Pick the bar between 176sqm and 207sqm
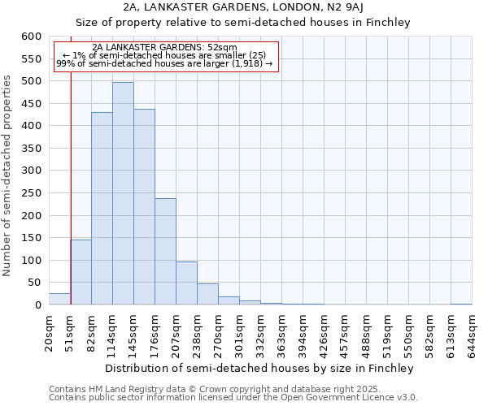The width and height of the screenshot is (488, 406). (165, 252)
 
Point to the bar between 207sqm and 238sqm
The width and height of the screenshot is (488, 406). (186, 283)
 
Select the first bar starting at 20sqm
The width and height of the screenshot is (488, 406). (59, 299)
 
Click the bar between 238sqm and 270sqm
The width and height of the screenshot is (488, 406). (207, 294)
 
